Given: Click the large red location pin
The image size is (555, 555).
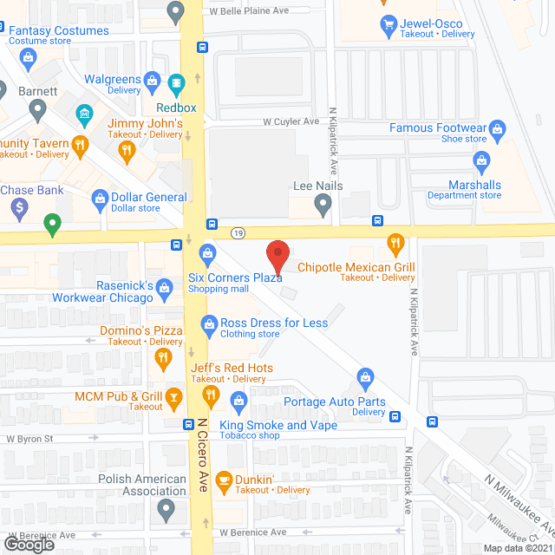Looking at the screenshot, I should click(277, 258).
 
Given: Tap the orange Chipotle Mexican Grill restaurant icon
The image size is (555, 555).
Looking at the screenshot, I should click(395, 243).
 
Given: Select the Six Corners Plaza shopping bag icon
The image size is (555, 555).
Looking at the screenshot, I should click(206, 252).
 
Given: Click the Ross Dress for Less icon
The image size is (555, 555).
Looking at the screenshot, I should click(208, 323).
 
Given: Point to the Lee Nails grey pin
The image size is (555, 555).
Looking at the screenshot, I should click(323, 206).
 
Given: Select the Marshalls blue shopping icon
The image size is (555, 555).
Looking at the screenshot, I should click(481, 160).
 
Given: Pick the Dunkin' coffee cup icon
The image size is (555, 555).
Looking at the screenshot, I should click(223, 480).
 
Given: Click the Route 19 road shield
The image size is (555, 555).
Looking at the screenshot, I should click(238, 232).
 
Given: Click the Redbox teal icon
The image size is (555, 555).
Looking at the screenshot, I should click(177, 85).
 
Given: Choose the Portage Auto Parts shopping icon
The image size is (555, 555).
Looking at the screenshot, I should click(366, 377).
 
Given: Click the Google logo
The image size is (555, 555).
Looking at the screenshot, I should click(29, 544).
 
